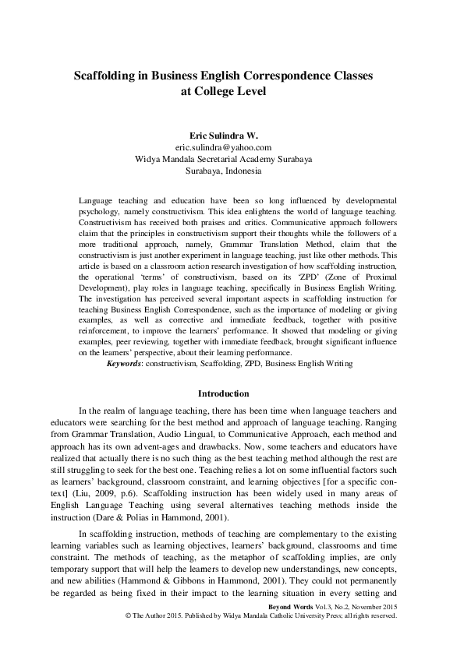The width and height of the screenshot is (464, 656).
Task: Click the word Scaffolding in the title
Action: pos(104,77)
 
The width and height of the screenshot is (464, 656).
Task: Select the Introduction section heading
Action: pos(224,394)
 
